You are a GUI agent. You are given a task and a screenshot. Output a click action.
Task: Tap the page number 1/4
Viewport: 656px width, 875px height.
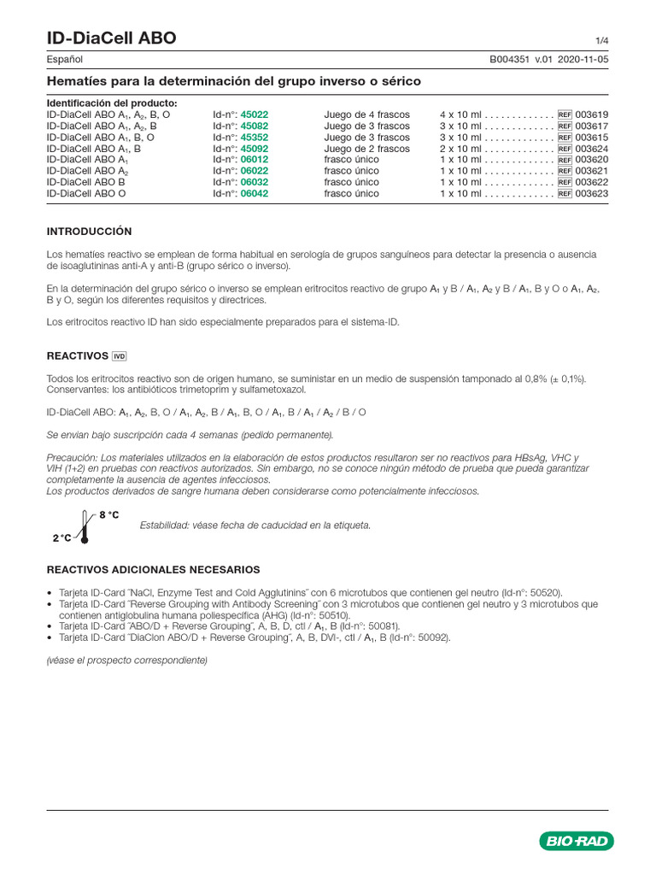coord(601,41)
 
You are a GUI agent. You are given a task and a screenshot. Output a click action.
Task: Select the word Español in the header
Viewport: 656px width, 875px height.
coord(64,60)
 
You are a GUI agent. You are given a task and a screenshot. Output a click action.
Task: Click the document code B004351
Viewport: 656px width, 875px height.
coord(509,60)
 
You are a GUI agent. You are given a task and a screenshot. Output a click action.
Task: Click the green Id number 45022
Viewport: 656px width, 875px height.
coord(255,115)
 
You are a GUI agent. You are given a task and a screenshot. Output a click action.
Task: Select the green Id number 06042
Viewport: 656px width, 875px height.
coord(255,193)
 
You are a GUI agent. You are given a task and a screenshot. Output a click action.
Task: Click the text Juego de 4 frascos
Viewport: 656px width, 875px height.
coord(366,115)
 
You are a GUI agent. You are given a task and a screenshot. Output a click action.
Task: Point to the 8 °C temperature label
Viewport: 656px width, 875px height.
coord(110,515)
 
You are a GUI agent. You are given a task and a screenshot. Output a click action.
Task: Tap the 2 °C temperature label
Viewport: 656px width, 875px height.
coord(61,538)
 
